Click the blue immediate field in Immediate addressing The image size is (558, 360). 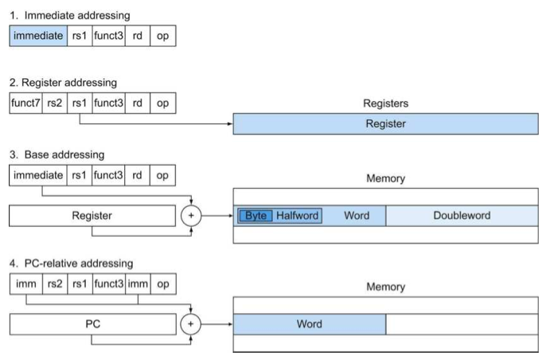click(x=38, y=36)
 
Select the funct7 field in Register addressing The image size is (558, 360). click(x=26, y=104)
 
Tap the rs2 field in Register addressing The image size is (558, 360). click(x=55, y=104)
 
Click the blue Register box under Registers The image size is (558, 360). click(x=386, y=124)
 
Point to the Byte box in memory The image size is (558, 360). click(x=256, y=216)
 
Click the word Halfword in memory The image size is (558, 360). click(x=297, y=216)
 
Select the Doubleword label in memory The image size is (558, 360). click(x=462, y=215)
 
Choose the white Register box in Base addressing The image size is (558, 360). click(x=92, y=216)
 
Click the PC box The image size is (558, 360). click(x=93, y=324)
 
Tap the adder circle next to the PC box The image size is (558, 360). click(x=191, y=324)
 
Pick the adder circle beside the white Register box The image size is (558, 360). click(x=191, y=216)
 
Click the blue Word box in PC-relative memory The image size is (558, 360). click(x=310, y=324)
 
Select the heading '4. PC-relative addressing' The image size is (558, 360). click(x=71, y=264)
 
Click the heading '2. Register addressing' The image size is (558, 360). click(x=63, y=83)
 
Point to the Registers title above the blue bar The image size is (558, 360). click(x=386, y=104)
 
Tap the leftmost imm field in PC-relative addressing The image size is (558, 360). click(x=26, y=284)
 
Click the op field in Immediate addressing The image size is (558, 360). click(x=163, y=36)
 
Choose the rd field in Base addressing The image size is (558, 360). click(x=137, y=175)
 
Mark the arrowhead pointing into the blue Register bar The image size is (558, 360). click(x=230, y=124)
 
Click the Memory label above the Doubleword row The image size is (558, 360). click(x=386, y=178)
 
